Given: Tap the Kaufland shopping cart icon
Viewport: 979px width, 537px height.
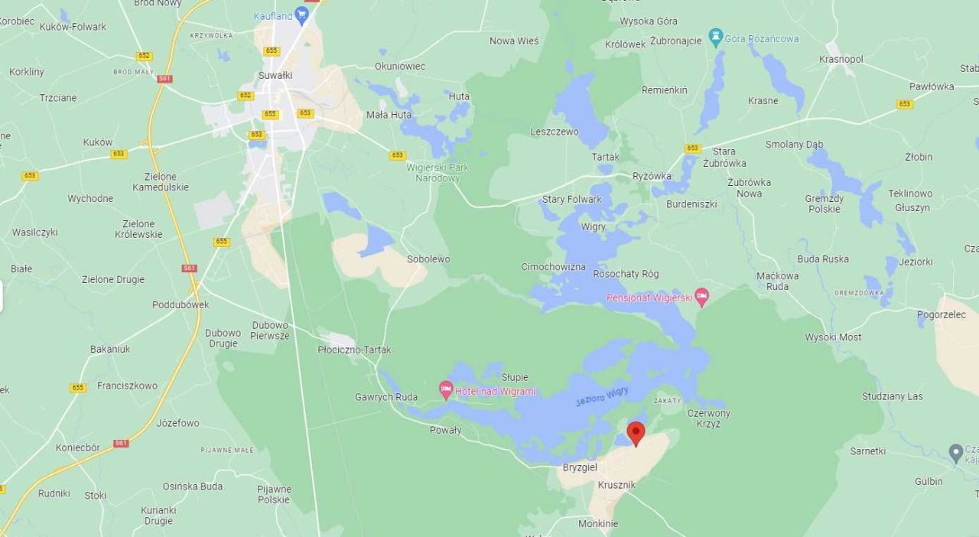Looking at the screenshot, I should (301, 15).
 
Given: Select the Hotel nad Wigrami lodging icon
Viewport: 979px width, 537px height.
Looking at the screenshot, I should (446, 390).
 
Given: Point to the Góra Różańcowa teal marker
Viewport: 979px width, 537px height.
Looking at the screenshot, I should (716, 37).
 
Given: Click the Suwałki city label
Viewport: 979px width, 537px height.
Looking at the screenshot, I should (275, 75).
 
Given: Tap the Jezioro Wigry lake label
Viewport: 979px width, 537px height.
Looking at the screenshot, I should (602, 395).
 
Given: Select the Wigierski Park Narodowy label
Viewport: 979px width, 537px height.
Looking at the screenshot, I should (437, 172).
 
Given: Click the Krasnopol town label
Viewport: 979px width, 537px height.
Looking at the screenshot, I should (841, 59).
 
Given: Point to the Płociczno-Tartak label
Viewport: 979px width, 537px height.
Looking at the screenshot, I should (354, 350).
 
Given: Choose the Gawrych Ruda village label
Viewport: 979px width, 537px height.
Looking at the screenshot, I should (386, 396).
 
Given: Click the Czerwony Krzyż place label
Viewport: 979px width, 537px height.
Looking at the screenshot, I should (708, 418).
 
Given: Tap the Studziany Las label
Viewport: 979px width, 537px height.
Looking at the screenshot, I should (892, 396).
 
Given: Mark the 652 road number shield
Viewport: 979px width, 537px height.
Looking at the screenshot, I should (145, 56).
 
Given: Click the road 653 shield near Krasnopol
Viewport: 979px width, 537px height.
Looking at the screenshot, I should (905, 104).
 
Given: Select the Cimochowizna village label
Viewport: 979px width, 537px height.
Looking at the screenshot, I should (553, 267).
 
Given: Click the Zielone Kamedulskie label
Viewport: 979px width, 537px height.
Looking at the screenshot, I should (161, 181).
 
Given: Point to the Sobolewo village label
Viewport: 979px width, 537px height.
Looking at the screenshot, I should (428, 259).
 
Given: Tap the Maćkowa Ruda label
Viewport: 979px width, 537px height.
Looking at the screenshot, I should (777, 281).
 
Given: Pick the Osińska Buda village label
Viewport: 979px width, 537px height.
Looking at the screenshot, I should (193, 486).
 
